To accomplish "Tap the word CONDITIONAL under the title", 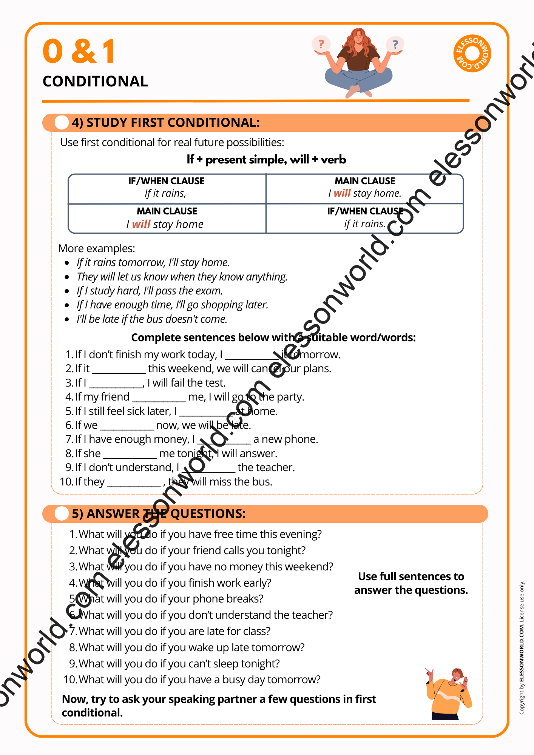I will tap(95, 82).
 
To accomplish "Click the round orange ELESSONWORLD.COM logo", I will tap(472, 53).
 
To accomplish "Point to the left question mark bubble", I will tap(321, 45).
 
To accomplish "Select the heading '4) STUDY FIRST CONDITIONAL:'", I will tap(166, 123).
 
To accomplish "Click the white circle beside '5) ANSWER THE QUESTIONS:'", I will tap(62, 514).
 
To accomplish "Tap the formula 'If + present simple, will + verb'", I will tap(266, 160).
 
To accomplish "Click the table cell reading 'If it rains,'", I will tap(166, 193).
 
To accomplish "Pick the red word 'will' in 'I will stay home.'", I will tap(342, 193).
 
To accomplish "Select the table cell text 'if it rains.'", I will tap(365, 224).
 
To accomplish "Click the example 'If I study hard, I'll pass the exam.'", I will tap(150, 291).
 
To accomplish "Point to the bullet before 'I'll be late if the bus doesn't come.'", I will tap(67, 319).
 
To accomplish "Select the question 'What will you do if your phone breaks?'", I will tap(171, 599).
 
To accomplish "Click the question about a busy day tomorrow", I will tap(199, 679).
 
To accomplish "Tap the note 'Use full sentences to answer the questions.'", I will tap(411, 583).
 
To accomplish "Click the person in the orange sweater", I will tap(449, 695).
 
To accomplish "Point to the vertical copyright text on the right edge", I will tap(522, 647).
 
